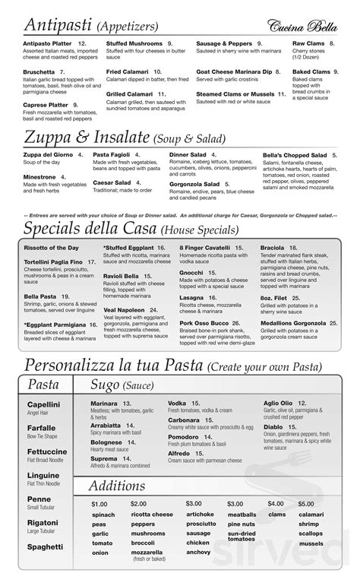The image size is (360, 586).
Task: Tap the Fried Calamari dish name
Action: [x=126, y=71]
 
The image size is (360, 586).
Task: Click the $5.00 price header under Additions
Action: [x=305, y=504]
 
